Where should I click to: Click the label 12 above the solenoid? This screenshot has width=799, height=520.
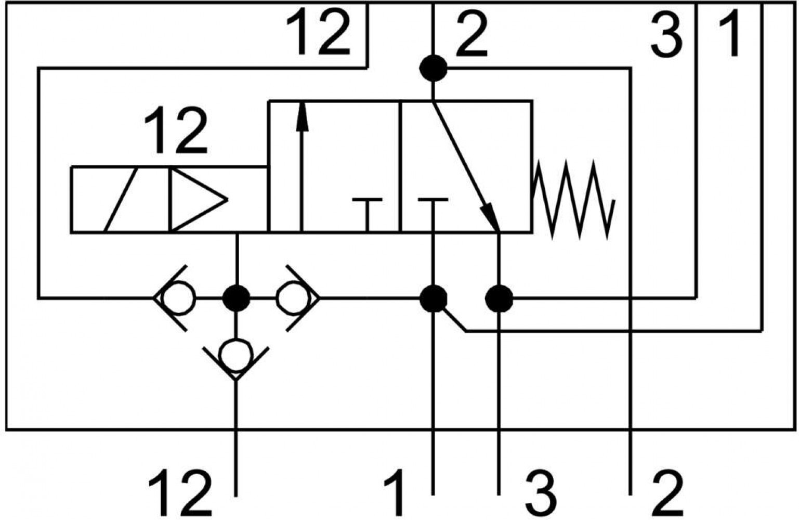176,131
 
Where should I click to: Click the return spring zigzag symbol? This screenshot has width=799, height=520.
573,200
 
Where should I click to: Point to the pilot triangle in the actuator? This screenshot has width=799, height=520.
199,200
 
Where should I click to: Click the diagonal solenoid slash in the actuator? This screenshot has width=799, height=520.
121,200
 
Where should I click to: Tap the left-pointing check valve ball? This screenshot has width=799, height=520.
178,298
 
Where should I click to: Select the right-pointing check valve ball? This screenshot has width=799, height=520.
293,298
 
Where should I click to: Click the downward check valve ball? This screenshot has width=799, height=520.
236,355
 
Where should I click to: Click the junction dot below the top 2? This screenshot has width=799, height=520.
433,69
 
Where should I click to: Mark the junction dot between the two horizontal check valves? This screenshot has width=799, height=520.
236,298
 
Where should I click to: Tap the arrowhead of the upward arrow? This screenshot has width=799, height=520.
302,116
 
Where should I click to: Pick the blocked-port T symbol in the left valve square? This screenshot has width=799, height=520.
367,214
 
